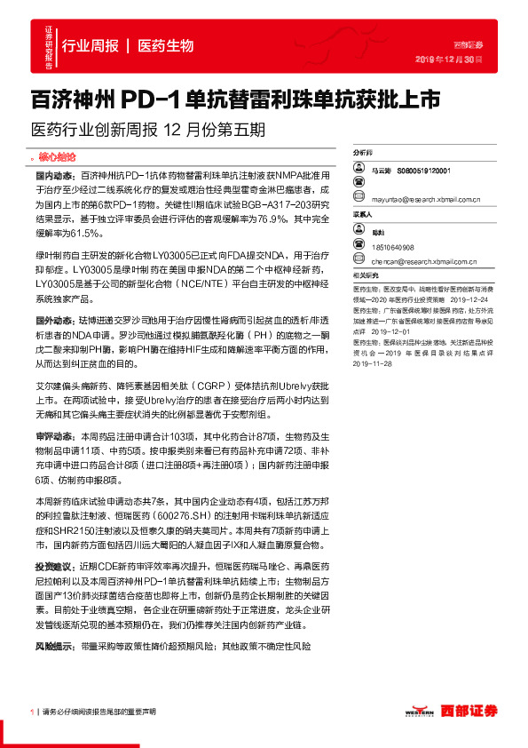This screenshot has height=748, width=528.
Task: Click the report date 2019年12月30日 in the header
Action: [449, 59]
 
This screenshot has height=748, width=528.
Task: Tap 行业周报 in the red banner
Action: [90, 45]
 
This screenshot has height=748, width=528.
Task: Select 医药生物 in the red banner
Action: [166, 45]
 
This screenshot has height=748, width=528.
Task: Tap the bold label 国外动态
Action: [54, 318]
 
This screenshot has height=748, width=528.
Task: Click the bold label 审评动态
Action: [54, 436]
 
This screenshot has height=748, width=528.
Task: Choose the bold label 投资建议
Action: [54, 566]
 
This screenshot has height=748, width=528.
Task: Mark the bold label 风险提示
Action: [54, 646]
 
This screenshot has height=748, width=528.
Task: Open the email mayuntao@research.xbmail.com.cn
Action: [427, 201]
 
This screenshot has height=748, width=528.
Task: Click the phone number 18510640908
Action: [393, 247]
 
